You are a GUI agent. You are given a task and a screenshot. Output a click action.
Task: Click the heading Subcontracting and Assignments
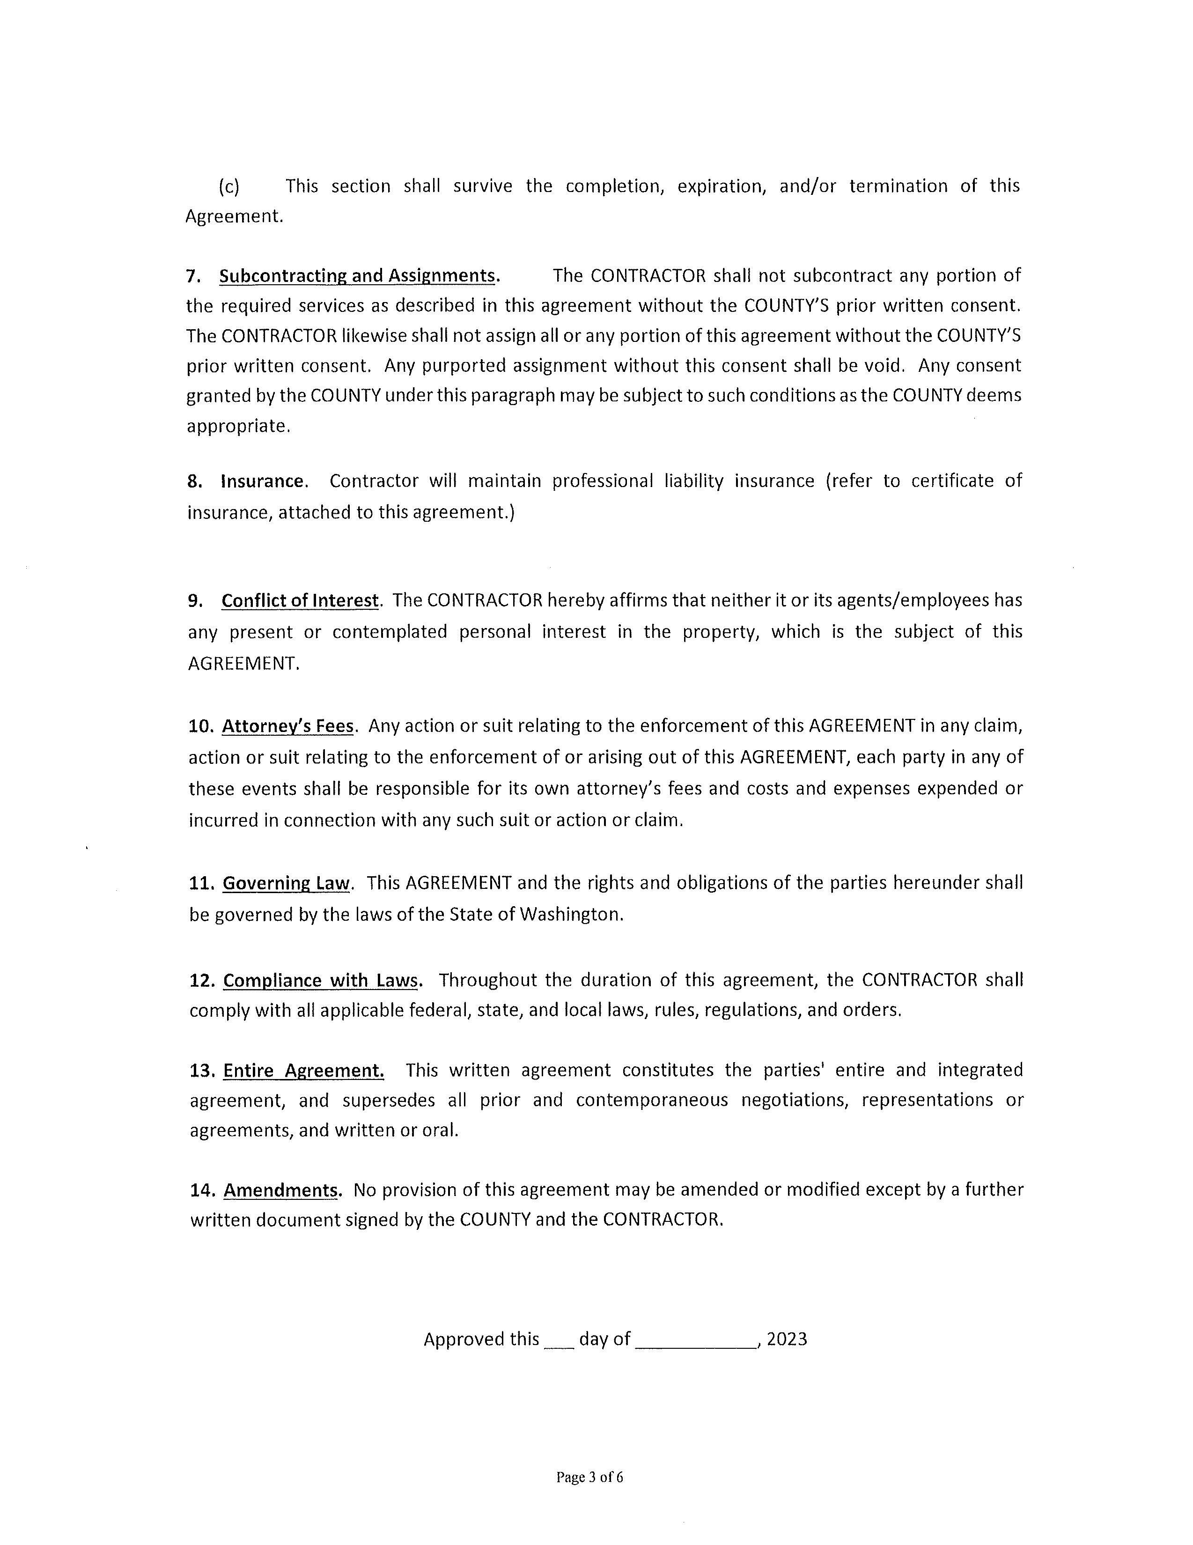(x=358, y=276)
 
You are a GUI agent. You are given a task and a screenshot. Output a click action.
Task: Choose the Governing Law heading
(x=287, y=884)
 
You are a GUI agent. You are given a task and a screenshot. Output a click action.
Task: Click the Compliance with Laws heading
(x=322, y=981)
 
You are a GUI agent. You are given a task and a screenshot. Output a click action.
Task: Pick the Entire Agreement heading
(x=304, y=1070)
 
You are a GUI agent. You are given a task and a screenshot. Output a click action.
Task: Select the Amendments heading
(x=281, y=1190)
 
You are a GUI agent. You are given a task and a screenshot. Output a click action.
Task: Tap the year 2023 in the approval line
(x=787, y=1339)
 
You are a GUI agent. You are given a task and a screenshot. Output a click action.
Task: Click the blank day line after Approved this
(x=559, y=1341)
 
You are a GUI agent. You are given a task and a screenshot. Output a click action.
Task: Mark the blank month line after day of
(x=696, y=1341)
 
